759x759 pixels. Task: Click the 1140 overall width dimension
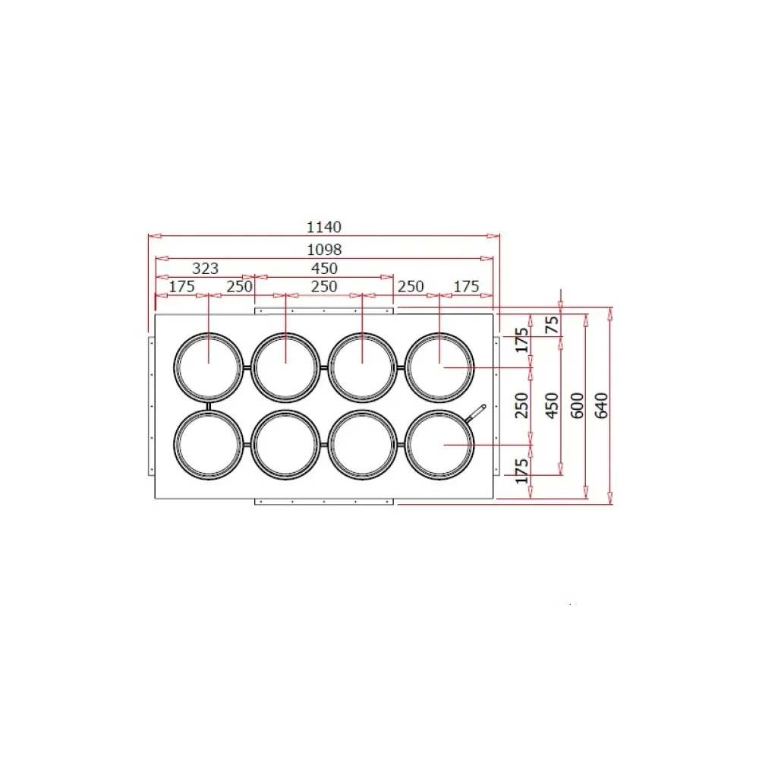tap(324, 226)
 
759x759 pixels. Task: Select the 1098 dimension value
tap(324, 249)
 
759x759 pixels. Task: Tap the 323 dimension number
tap(205, 268)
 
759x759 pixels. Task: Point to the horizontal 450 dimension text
tap(324, 268)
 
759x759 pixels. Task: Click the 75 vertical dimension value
tap(553, 325)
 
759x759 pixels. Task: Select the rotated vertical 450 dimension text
tap(553, 406)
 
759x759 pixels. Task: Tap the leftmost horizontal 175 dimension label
tap(182, 286)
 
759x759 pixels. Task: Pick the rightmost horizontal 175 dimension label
tap(466, 286)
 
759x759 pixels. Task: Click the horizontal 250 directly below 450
tap(324, 286)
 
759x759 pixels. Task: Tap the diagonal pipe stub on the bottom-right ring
tap(475, 413)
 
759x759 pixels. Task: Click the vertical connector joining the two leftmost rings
tap(209, 406)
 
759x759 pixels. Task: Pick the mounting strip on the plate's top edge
tap(324, 310)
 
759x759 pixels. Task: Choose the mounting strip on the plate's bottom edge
tap(324, 502)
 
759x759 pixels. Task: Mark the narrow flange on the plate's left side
tap(150, 406)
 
